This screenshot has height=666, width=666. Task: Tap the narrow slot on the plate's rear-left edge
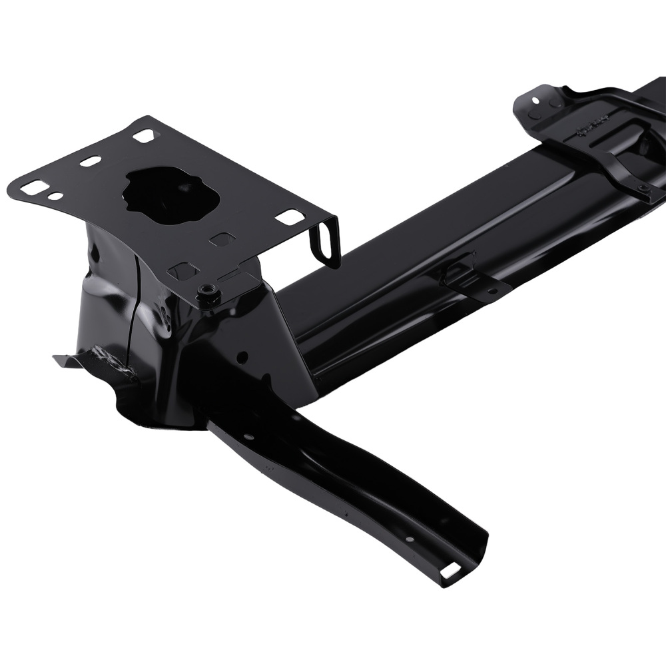(90, 161)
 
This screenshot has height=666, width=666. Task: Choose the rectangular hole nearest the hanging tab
(290, 216)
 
